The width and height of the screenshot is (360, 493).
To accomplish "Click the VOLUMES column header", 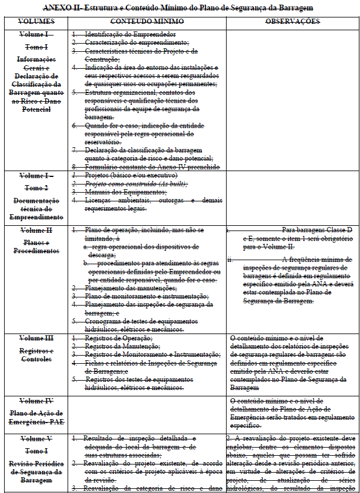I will click(x=37, y=22).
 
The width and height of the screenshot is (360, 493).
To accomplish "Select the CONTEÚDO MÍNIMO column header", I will click(x=146, y=22).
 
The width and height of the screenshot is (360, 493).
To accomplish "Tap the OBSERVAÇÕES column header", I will click(x=292, y=22).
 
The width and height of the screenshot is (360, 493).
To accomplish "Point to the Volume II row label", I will click(x=37, y=230).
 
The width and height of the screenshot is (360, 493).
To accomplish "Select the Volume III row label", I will click(x=37, y=338).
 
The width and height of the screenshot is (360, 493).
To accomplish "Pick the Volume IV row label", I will click(x=37, y=401).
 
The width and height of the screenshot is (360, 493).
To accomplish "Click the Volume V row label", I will click(x=37, y=438).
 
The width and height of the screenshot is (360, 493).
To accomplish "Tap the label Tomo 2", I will click(x=37, y=188).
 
